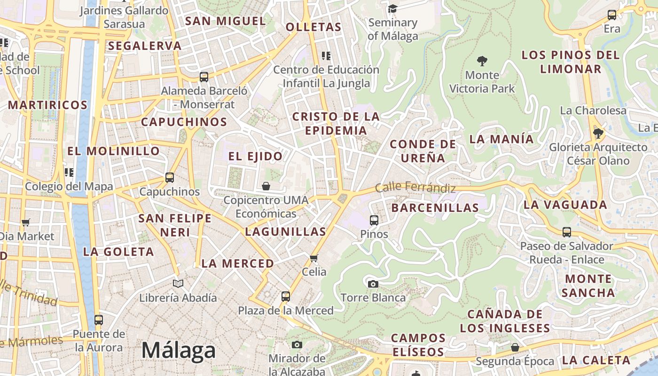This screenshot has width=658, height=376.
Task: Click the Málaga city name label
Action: click(179, 351)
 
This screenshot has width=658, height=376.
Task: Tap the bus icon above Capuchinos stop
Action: click(170, 178)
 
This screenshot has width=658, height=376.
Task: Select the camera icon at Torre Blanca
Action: click(373, 284)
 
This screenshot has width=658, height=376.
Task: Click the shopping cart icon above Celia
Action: click(314, 258)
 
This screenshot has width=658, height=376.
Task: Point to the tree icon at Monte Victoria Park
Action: click(482, 61)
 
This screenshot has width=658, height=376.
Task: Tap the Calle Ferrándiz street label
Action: click(415, 187)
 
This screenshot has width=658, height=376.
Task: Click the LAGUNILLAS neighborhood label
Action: click(285, 231)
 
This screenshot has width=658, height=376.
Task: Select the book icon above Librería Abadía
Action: click(178, 283)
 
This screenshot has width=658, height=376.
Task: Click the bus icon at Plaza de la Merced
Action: click(286, 297)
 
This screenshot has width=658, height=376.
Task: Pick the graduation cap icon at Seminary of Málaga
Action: click(392, 9)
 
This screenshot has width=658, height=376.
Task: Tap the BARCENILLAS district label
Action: click(435, 207)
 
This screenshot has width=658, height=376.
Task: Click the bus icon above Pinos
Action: click(374, 220)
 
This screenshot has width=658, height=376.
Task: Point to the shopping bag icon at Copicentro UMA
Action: click(266, 186)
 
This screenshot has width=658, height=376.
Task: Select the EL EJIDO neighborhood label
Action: click(256, 156)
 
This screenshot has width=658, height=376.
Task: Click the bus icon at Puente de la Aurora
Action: click(98, 320)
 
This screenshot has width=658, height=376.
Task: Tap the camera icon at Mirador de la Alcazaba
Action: click(297, 345)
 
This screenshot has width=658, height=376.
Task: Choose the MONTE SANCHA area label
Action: click(588, 286)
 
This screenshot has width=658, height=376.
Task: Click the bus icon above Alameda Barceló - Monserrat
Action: click(204, 77)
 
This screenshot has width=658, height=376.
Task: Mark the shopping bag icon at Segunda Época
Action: click(515, 347)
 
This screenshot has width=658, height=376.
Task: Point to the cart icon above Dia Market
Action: click(26, 222)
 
